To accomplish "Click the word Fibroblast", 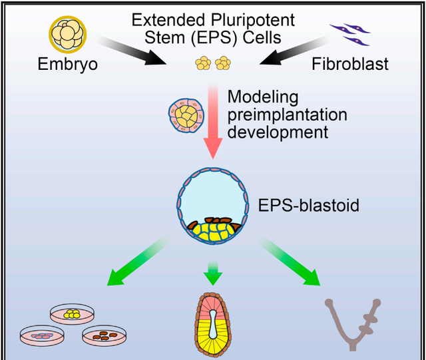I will coord(351,65).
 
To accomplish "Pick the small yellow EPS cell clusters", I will coord(212,64).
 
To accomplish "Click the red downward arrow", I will coord(213,123).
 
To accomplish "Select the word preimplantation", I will coord(287,114).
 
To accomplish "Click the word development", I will coord(278,132).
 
